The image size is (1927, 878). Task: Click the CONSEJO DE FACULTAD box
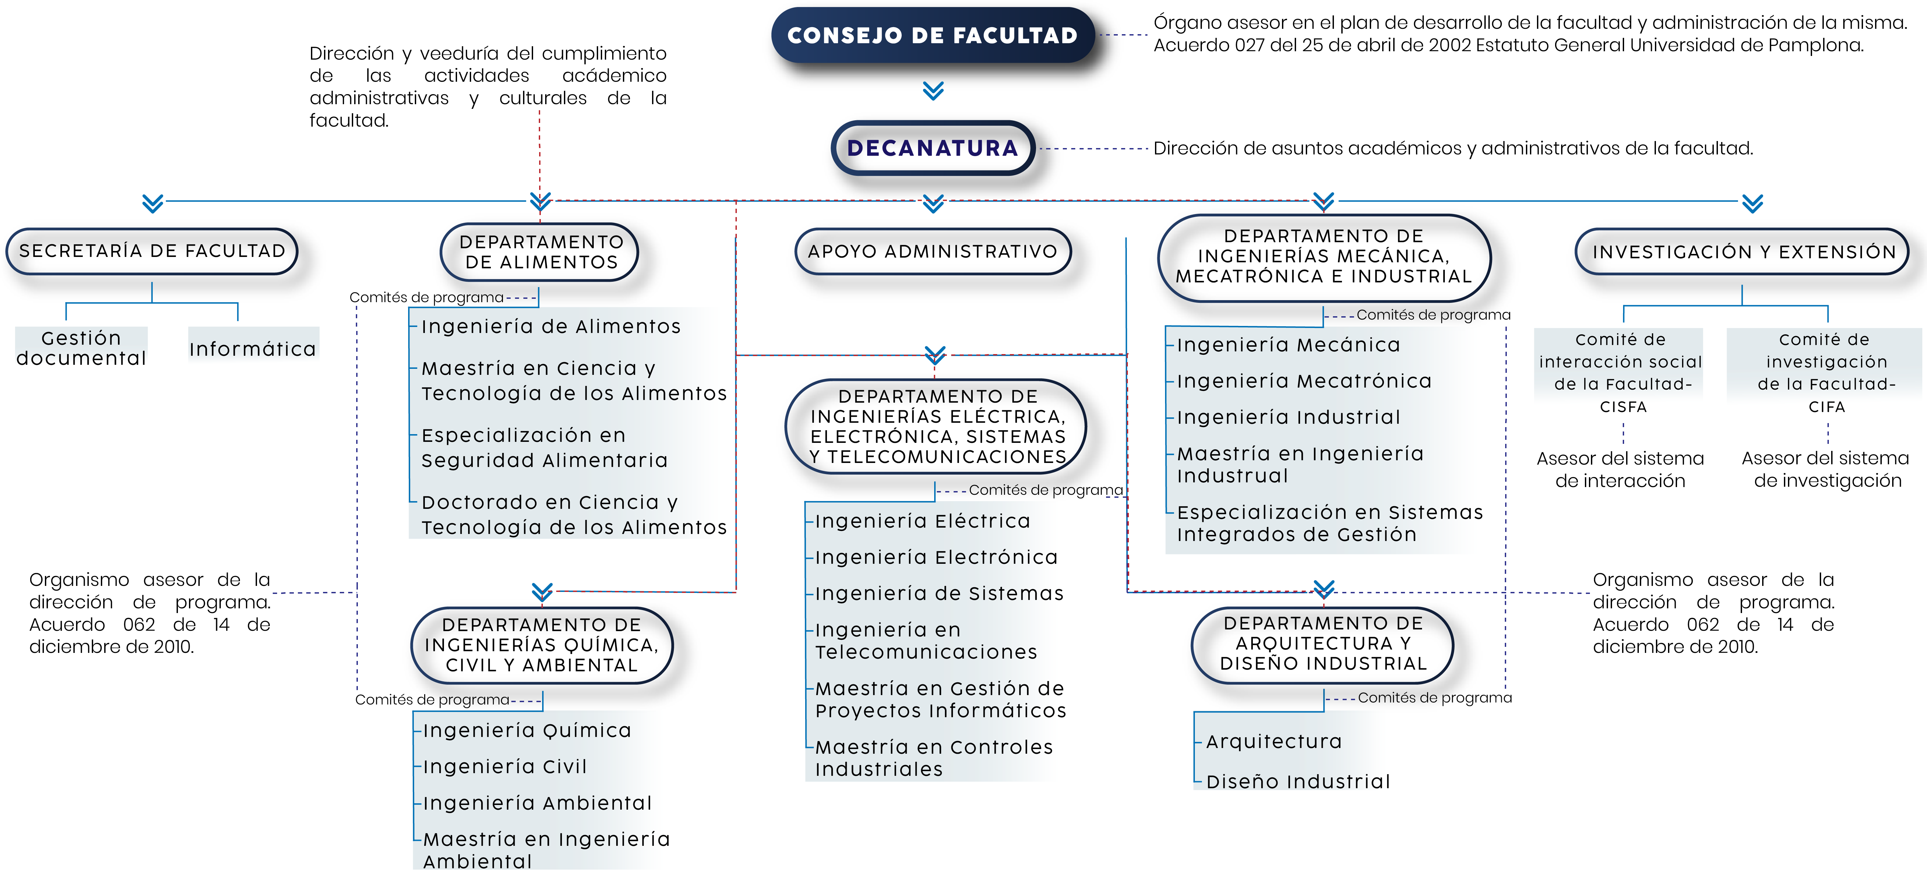[933, 35]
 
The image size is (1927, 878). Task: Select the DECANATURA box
[933, 148]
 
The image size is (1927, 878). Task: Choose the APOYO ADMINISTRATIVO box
[933, 251]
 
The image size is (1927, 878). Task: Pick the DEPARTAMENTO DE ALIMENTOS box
[541, 252]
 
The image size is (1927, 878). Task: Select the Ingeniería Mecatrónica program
[1304, 382]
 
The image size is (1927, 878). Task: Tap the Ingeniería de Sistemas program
[939, 594]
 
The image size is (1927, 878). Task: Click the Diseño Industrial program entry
[1298, 782]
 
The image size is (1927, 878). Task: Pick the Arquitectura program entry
[1274, 742]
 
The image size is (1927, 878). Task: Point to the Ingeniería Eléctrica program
[922, 521]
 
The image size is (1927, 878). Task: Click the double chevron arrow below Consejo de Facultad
[933, 90]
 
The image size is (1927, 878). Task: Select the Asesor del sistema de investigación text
[1827, 470]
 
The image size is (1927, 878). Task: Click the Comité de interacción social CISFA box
[1620, 373]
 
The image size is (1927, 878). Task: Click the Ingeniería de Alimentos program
[551, 327]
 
